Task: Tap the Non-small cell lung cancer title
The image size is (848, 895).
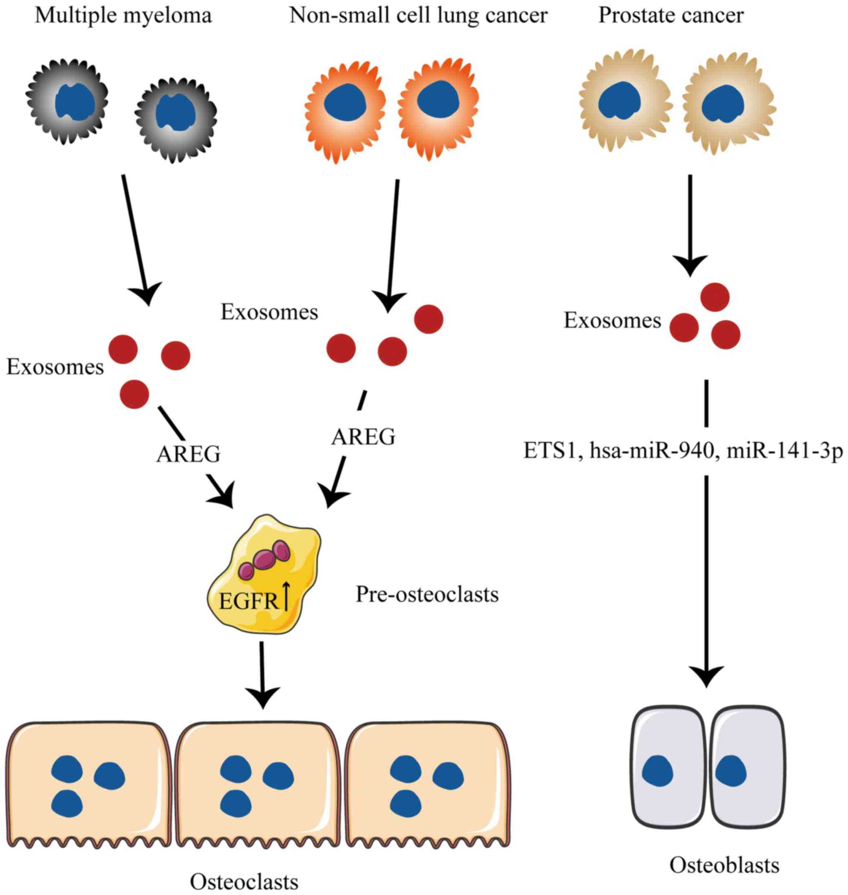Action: (x=418, y=15)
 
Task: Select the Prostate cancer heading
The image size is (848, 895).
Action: (x=671, y=15)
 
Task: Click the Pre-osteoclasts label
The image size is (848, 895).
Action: (x=427, y=594)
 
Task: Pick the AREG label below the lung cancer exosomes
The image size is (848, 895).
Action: (x=363, y=437)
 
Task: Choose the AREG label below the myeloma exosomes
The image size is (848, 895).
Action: (x=188, y=454)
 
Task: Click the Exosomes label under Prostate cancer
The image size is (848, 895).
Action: (x=612, y=321)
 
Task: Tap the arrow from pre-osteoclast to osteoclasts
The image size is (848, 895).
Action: (x=262, y=674)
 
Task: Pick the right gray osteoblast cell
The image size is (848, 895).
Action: (x=746, y=764)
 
